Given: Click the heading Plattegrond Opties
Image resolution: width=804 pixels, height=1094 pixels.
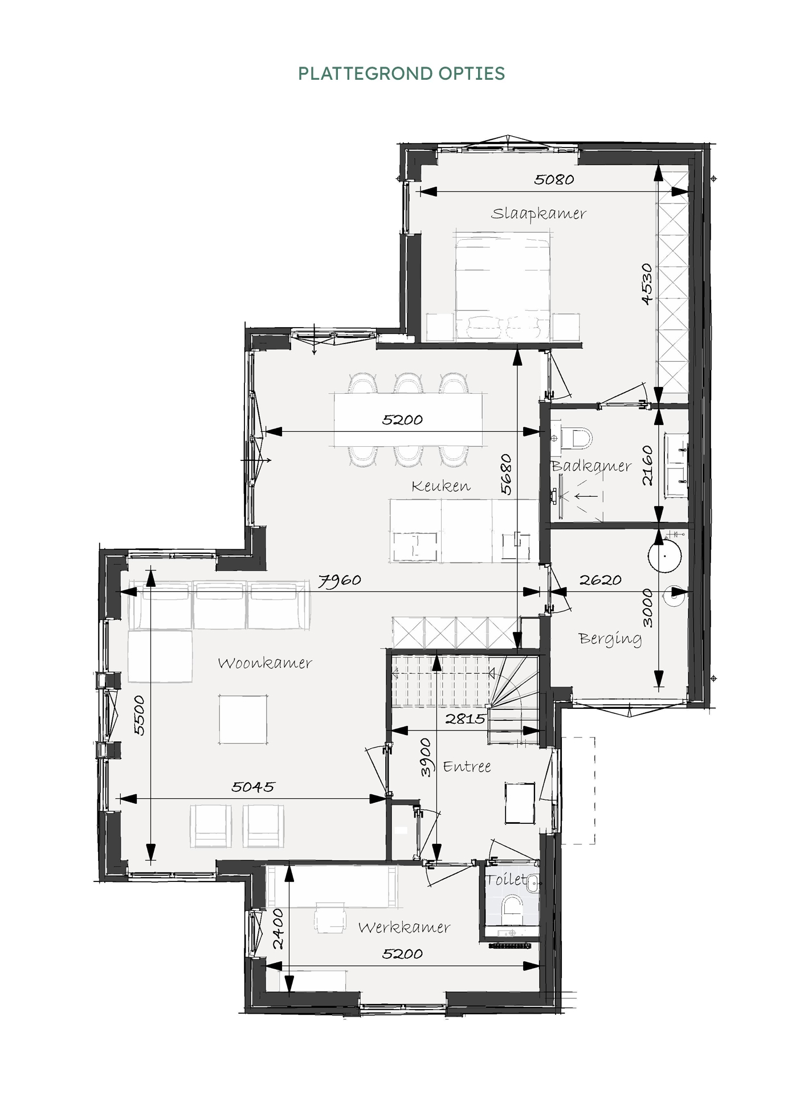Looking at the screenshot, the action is click(402, 74).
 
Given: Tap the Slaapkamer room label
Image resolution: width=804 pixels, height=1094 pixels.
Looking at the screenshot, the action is click(538, 214).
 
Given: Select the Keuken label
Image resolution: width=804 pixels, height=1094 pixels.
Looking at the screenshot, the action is click(441, 485).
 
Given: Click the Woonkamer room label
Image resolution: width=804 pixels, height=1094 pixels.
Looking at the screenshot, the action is click(265, 663).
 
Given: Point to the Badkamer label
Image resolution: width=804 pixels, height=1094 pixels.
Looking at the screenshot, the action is click(591, 466).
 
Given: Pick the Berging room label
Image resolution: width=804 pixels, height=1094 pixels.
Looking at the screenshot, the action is click(610, 639).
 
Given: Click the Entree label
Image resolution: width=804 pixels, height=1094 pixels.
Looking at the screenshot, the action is click(467, 766).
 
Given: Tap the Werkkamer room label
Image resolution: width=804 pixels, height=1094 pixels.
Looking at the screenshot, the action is click(404, 927).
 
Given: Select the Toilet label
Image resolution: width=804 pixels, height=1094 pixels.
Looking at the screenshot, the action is click(506, 879).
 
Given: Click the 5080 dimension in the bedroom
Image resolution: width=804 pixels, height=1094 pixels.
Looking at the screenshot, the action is click(554, 179).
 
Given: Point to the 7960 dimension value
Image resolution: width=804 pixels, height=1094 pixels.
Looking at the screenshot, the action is click(340, 581).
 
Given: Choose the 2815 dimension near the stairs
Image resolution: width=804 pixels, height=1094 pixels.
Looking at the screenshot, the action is click(465, 719).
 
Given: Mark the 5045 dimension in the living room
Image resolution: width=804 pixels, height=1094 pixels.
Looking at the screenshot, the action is click(253, 787).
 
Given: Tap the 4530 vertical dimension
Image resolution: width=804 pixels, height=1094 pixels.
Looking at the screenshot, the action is click(647, 284).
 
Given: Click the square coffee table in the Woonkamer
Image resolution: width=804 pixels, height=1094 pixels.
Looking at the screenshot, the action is click(243, 719).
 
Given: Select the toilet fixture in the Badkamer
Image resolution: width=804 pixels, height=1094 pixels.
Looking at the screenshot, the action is click(577, 438).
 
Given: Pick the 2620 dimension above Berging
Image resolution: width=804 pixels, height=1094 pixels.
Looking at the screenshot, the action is click(600, 580).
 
